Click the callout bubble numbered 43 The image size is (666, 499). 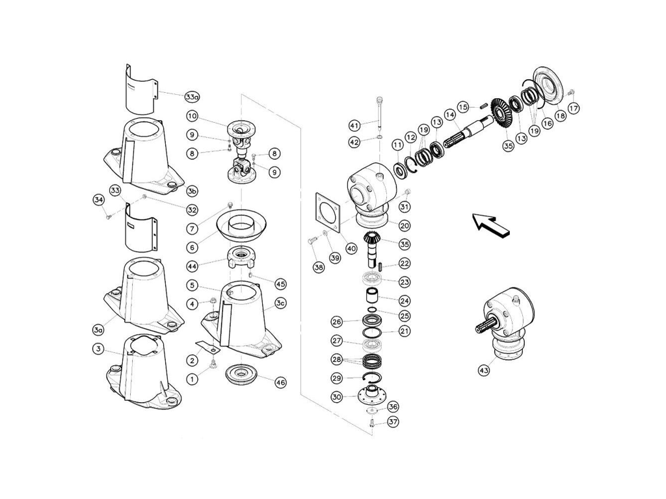coord(483,370)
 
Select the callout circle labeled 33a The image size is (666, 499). coord(192,97)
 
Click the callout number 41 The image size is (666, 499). coord(354,125)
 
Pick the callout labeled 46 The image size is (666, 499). coord(280,383)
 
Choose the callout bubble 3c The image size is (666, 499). coord(280,303)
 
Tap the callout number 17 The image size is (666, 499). coord(573,109)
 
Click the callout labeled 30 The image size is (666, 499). coord(336,397)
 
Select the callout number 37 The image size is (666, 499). coord(393,422)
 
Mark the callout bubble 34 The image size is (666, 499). coord(99,199)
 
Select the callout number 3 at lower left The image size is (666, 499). coord(98,349)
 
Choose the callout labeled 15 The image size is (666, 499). coord(462,107)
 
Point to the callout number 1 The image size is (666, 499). coord(192,377)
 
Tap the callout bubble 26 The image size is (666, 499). coord(336,322)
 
